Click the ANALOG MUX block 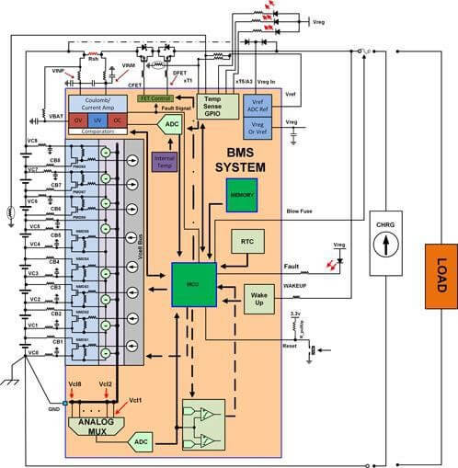[98, 425]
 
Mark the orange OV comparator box [79, 120]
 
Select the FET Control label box [156, 97]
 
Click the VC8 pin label [32, 141]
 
